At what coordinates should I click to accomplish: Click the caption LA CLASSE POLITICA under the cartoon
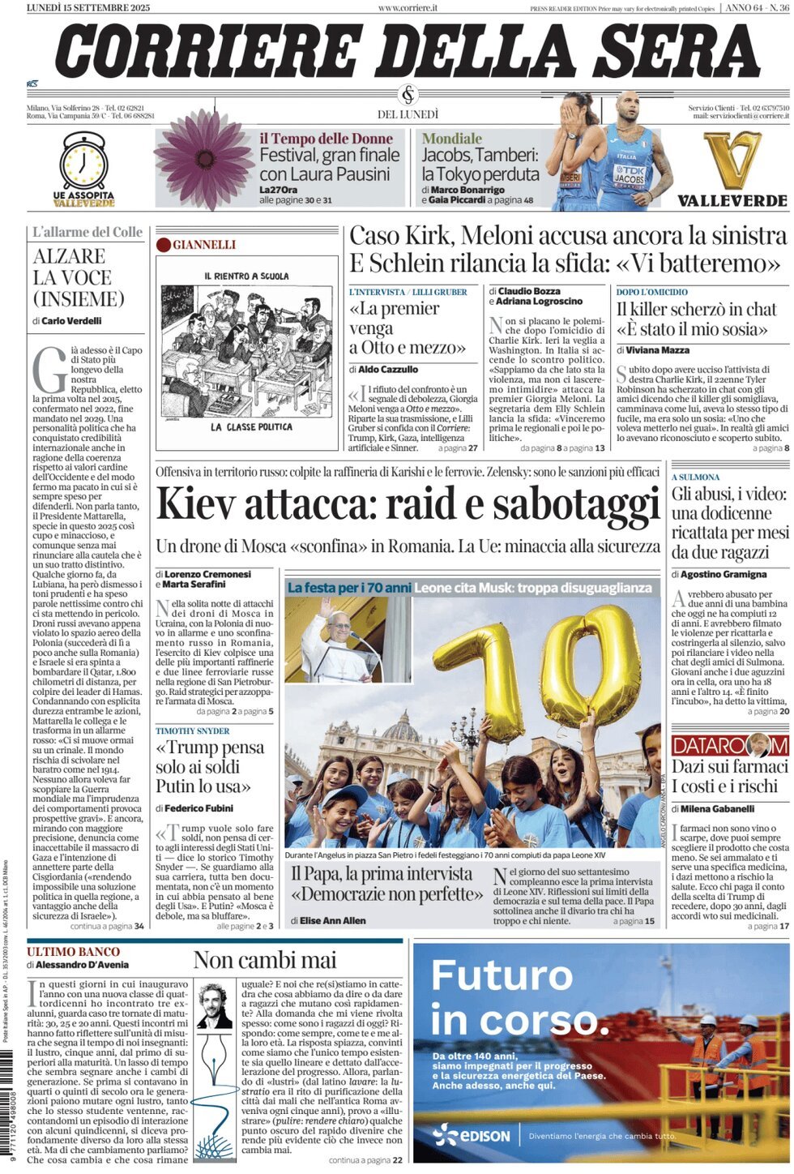250,426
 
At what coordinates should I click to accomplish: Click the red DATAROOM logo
729,745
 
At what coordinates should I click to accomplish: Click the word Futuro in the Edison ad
502,975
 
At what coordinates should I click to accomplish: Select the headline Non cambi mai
265,960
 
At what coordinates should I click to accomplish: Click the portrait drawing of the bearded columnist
214,1005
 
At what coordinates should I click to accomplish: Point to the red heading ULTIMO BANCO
73,952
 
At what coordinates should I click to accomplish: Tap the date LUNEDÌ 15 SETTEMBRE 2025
88,7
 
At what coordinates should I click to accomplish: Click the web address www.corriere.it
408,7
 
